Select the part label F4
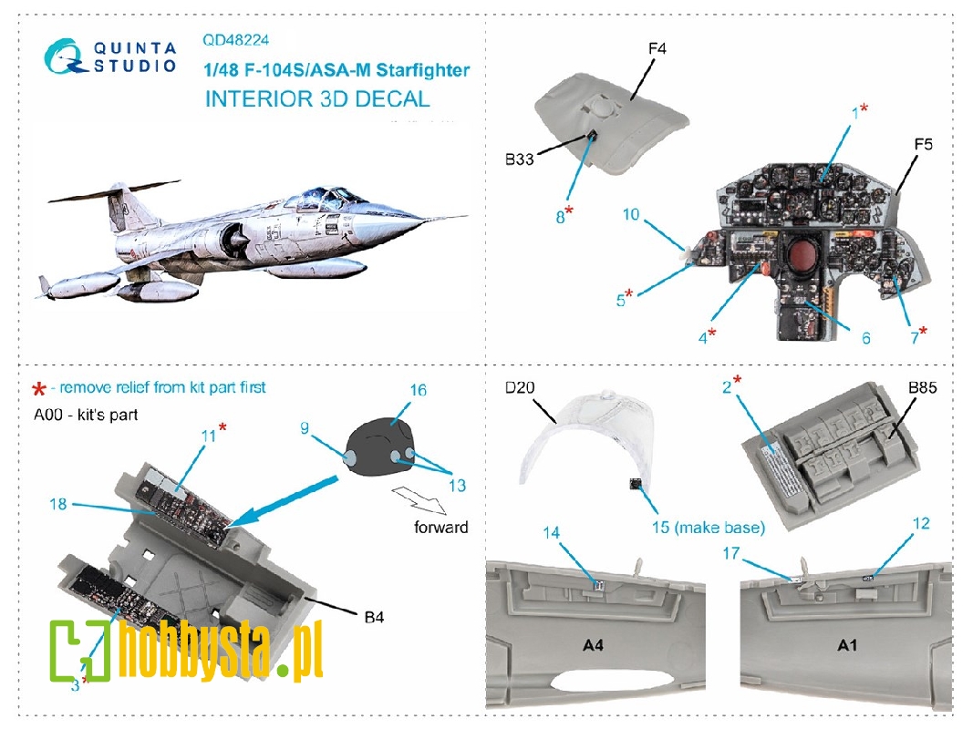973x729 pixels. click(x=657, y=48)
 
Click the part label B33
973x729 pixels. click(x=517, y=158)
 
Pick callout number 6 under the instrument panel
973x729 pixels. click(x=864, y=338)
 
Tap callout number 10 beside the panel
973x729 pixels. click(x=657, y=216)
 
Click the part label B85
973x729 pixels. click(x=923, y=388)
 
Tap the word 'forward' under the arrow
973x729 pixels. click(x=440, y=527)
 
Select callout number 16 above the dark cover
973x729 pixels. click(x=418, y=390)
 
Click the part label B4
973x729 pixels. click(x=374, y=617)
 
